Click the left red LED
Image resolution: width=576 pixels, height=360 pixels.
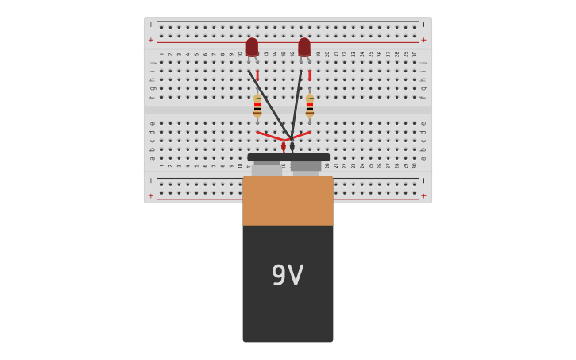pyautogui.click(x=252, y=47)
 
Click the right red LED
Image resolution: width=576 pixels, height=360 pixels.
pyautogui.click(x=304, y=47)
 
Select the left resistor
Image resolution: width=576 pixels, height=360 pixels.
pyautogui.click(x=257, y=106)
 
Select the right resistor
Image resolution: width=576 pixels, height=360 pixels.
pyautogui.click(x=310, y=106)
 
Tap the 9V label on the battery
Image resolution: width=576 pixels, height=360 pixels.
pyautogui.click(x=288, y=276)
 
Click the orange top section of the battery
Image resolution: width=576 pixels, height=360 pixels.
pyautogui.click(x=288, y=200)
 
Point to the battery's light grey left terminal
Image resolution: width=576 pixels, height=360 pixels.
pyautogui.click(x=267, y=169)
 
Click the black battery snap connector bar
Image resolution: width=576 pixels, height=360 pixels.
pyautogui.click(x=288, y=157)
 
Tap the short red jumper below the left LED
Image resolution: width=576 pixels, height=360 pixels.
pyautogui.click(x=257, y=75)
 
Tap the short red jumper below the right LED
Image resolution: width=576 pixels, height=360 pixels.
pyautogui.click(x=310, y=75)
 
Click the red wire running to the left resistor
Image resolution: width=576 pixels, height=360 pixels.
pyautogui.click(x=269, y=136)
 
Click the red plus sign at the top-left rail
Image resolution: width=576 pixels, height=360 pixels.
pyautogui.click(x=151, y=40)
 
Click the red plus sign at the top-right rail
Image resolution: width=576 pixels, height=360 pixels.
pyautogui.click(x=423, y=40)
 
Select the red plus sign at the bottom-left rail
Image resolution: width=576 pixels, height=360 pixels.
pyautogui.click(x=151, y=195)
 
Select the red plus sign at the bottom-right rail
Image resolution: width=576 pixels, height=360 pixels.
pyautogui.click(x=423, y=195)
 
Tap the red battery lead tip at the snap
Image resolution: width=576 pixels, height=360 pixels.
pyautogui.click(x=284, y=147)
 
